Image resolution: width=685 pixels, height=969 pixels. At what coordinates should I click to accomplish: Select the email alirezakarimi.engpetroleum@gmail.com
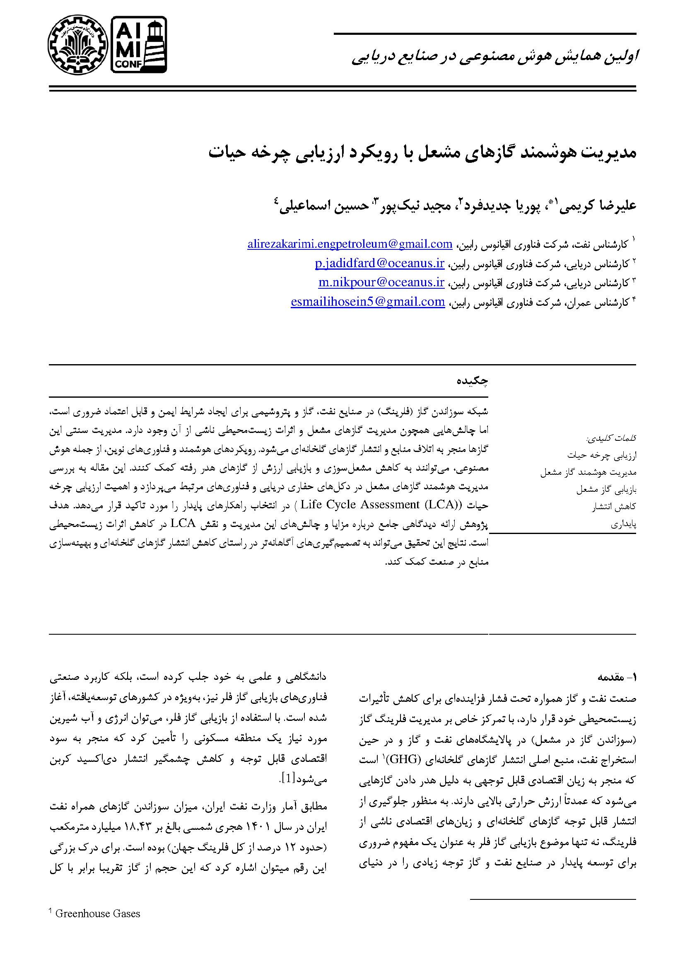350,244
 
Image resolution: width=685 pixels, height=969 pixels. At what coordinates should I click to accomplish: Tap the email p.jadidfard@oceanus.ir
380,263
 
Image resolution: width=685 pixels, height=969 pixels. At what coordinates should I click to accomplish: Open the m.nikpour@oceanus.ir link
381,283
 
